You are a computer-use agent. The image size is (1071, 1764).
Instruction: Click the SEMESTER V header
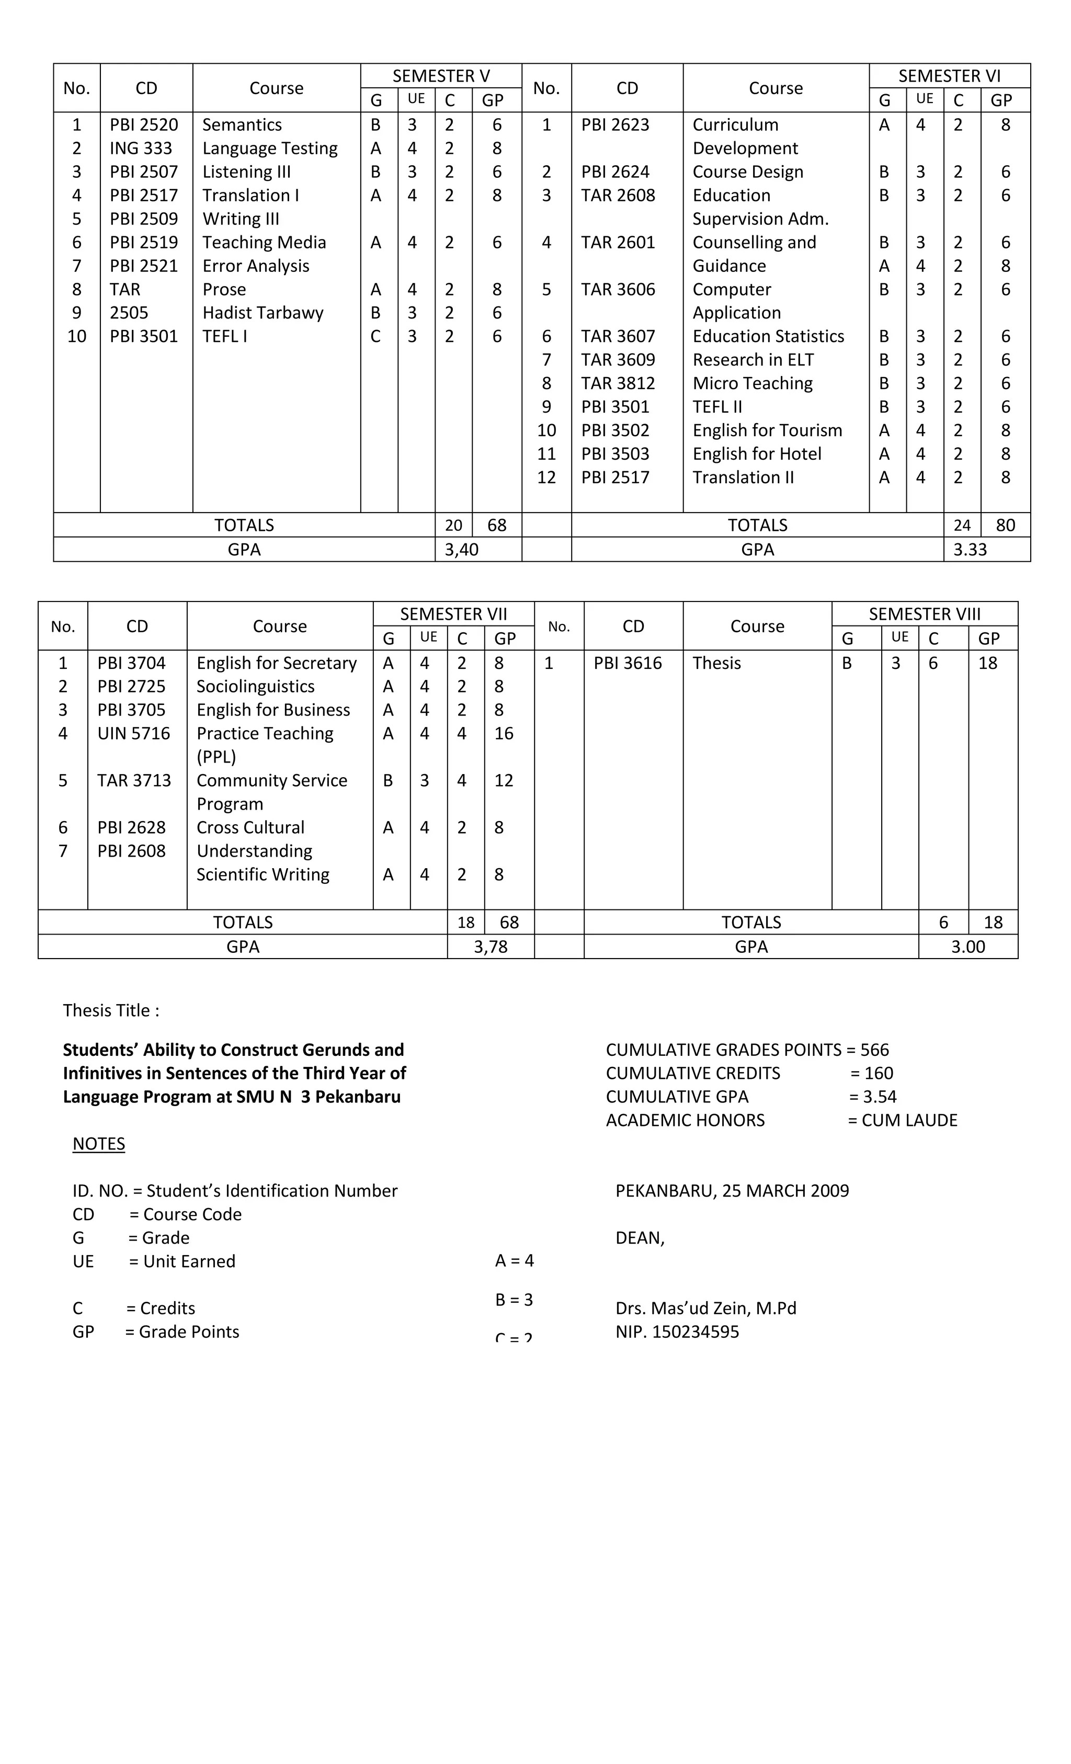441,76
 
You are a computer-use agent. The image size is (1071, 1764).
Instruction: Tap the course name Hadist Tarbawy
262,313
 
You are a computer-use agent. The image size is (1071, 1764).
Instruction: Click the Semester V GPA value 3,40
461,549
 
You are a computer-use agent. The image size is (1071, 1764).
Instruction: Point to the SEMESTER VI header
949,76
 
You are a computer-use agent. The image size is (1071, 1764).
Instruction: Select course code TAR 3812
617,383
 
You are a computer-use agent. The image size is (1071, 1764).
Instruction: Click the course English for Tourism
767,430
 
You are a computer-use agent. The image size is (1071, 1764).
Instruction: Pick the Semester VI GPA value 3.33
970,549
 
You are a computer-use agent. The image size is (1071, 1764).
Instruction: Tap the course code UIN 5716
133,733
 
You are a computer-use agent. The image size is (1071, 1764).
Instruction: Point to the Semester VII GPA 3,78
491,947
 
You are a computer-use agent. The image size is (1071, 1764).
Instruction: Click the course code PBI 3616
627,663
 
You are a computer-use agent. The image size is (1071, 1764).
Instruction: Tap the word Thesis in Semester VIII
716,663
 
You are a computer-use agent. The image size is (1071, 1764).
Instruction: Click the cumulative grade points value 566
874,1050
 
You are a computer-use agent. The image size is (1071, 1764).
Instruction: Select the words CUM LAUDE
909,1120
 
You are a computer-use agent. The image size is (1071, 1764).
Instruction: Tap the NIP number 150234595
694,1331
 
